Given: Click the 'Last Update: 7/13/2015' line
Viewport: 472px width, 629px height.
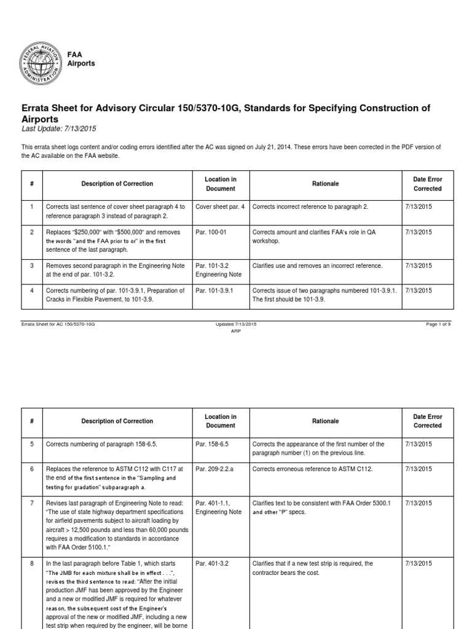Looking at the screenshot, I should pyautogui.click(x=59, y=128).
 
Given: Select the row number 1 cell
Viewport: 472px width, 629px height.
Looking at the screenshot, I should pyautogui.click(x=31, y=207).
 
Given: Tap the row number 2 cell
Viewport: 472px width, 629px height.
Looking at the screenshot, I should pyautogui.click(x=31, y=232).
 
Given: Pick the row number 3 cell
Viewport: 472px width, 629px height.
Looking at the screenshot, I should pyautogui.click(x=31, y=266).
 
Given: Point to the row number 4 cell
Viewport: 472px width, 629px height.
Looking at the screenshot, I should pyautogui.click(x=31, y=291).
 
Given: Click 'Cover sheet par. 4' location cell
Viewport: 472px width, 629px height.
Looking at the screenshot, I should pyautogui.click(x=219, y=207).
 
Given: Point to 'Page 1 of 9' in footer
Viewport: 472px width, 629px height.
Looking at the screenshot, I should pyautogui.click(x=438, y=324).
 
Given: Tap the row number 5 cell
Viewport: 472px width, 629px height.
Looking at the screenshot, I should pyautogui.click(x=31, y=444).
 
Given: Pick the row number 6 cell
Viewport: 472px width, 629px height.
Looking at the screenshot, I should pyautogui.click(x=31, y=469).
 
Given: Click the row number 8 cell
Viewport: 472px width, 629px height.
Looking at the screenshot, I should pyautogui.click(x=31, y=563).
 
